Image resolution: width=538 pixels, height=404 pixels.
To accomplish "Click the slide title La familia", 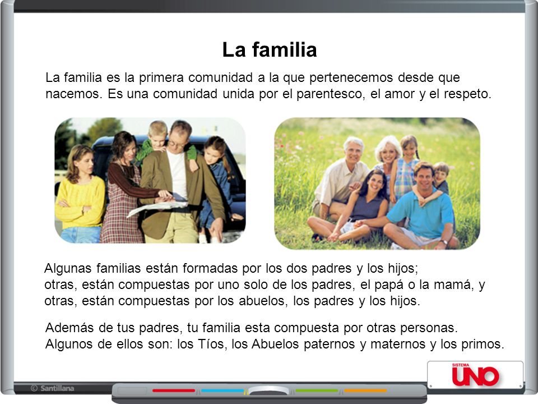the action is point(270,49).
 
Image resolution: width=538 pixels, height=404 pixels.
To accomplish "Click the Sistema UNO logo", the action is point(475,374).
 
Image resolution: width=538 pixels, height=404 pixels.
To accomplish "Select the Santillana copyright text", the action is point(53,388).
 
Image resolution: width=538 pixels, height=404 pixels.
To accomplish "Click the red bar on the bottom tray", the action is point(174,391).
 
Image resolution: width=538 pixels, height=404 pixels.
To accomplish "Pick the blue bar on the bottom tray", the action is point(222,391).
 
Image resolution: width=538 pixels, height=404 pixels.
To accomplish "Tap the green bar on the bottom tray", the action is point(317,391).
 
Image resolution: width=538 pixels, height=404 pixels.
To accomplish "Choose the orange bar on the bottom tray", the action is point(365,391).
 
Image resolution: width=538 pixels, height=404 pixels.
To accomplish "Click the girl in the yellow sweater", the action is point(80,194).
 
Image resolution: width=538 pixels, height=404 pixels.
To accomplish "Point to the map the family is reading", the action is point(158,206).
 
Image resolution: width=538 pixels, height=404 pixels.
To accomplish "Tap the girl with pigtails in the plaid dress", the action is point(405,168).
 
